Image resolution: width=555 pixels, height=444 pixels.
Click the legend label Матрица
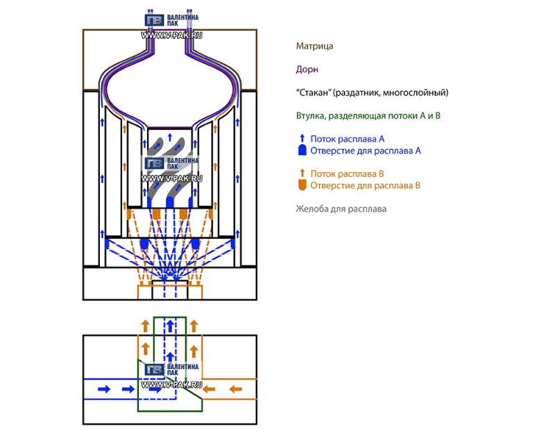(x=314, y=46)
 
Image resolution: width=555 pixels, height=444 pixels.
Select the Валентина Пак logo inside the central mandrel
(x=171, y=167)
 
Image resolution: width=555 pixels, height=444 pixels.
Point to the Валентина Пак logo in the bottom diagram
(x=171, y=372)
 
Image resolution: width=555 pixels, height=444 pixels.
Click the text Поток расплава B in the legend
(x=347, y=173)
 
